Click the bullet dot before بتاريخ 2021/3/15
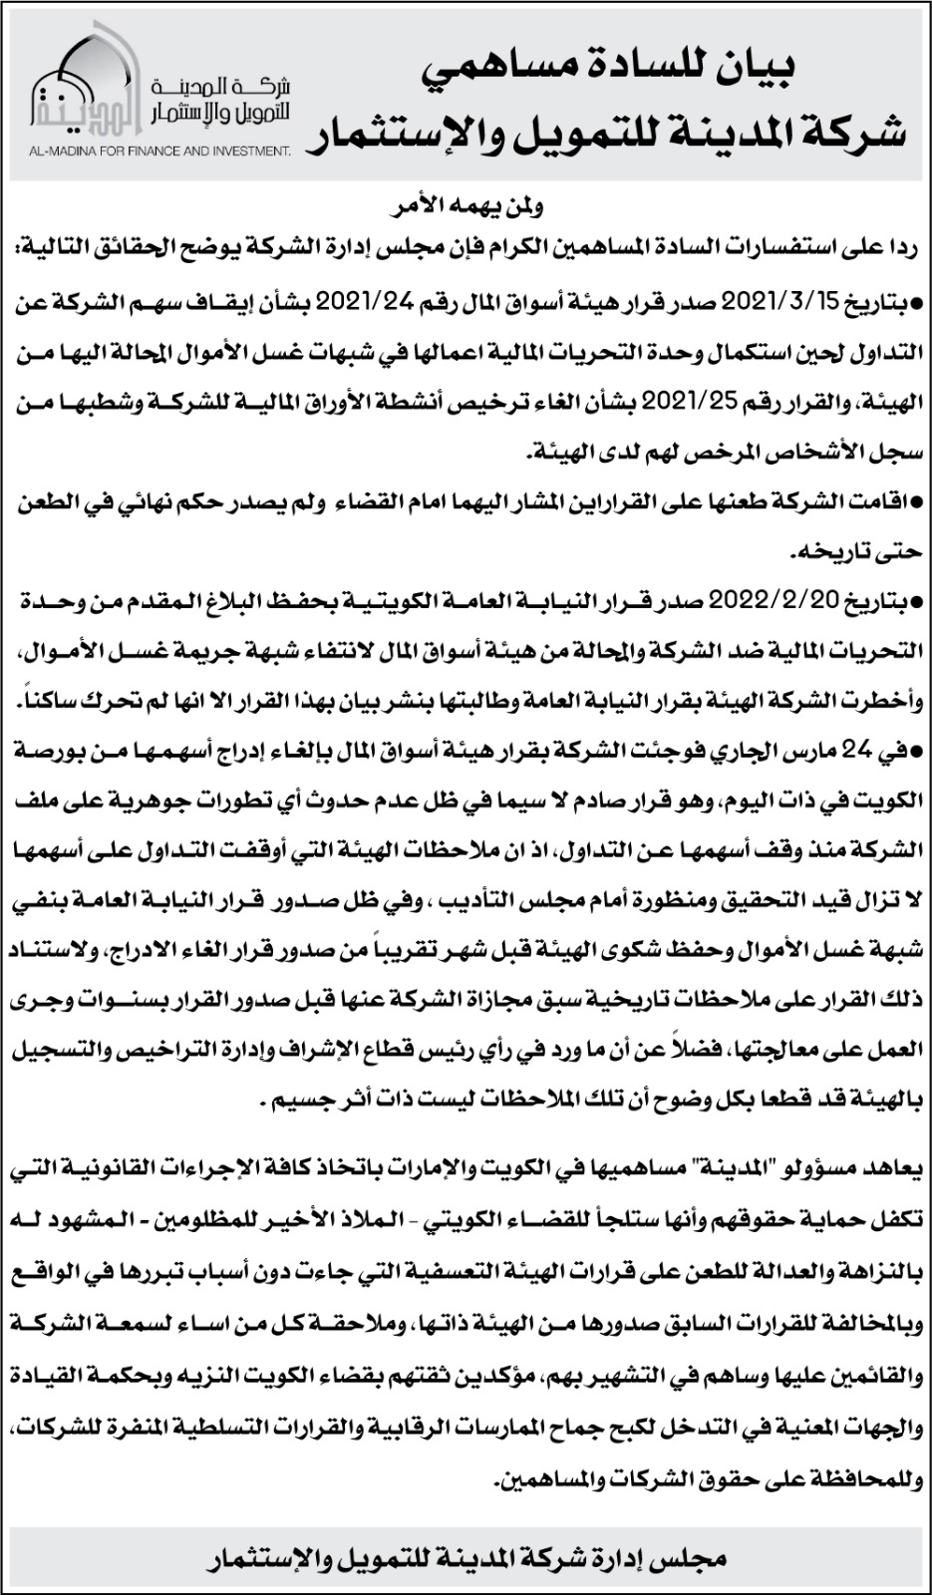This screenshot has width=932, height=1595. (918, 301)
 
